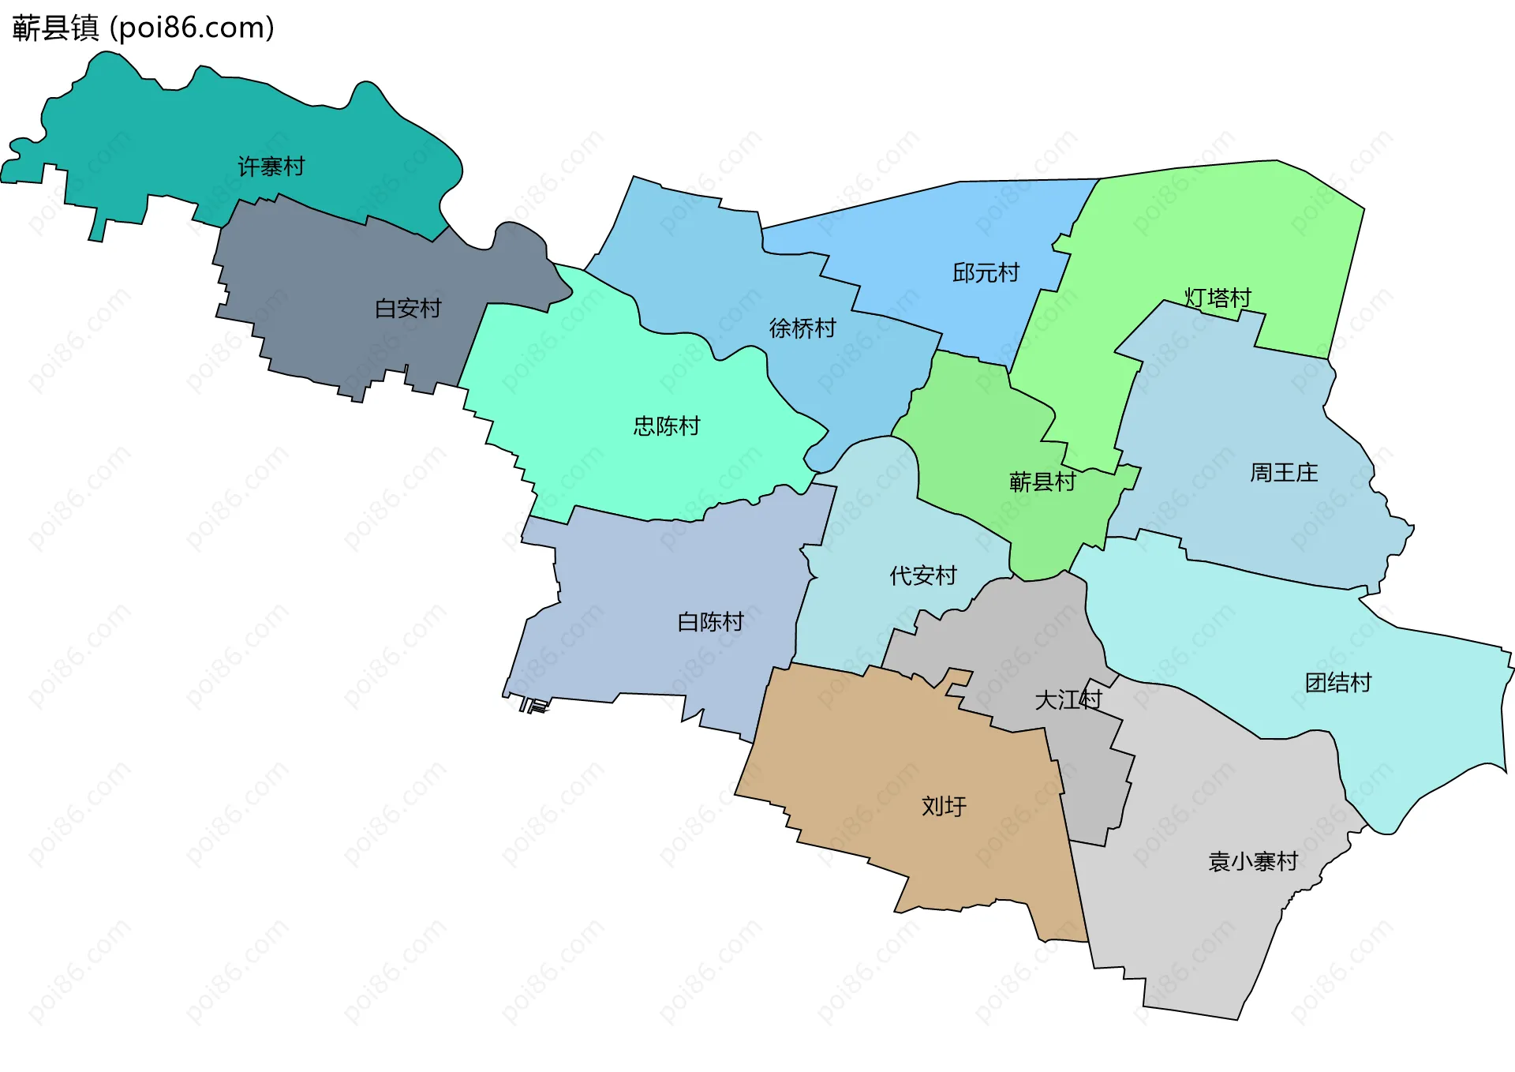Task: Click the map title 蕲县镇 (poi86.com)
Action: click(143, 28)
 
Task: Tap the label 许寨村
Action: click(271, 167)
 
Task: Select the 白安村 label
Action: click(407, 308)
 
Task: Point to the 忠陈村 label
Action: click(666, 426)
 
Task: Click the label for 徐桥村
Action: click(802, 328)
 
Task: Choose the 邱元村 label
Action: click(986, 273)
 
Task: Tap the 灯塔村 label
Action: click(1217, 298)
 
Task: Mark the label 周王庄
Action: click(1283, 473)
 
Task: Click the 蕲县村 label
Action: click(1042, 482)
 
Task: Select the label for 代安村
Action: click(922, 575)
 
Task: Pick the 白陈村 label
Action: click(710, 622)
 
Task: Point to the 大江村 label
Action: click(1068, 699)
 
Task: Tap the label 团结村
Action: click(1337, 682)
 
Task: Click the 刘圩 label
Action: click(943, 806)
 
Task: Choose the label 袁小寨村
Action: click(1252, 861)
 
